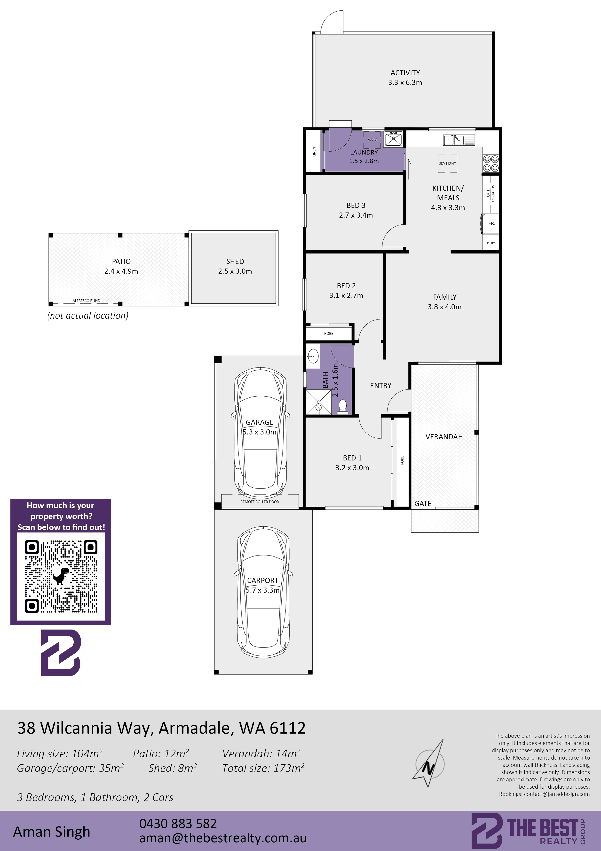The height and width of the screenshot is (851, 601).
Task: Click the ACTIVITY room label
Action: click(405, 73)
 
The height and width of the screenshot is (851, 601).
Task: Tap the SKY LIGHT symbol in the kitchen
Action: click(447, 164)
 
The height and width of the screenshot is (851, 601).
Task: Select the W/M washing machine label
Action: click(372, 140)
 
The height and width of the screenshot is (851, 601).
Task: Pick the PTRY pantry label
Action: click(491, 243)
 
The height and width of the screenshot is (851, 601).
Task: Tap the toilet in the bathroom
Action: click(342, 407)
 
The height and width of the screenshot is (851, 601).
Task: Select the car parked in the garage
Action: click(260, 433)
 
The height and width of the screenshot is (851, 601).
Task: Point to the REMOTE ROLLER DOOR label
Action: click(260, 502)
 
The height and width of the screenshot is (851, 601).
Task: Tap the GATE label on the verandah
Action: click(422, 503)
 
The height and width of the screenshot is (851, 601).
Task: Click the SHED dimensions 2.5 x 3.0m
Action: click(235, 271)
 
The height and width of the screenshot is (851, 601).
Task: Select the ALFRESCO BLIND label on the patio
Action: click(86, 301)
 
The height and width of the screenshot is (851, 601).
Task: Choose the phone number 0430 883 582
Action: click(178, 824)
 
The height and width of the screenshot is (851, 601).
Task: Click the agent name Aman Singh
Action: click(51, 832)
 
